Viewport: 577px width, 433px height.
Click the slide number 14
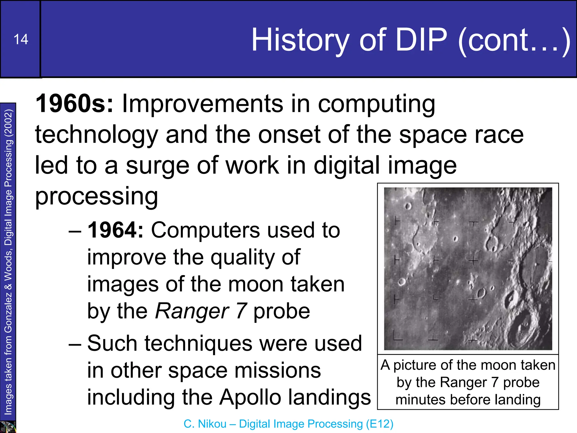(x=21, y=39)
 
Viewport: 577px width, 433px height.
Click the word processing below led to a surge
(x=96, y=196)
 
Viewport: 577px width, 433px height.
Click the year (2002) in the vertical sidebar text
(x=8, y=122)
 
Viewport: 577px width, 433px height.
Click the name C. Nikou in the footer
(x=205, y=424)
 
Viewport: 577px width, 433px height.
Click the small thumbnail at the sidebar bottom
(x=8, y=427)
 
